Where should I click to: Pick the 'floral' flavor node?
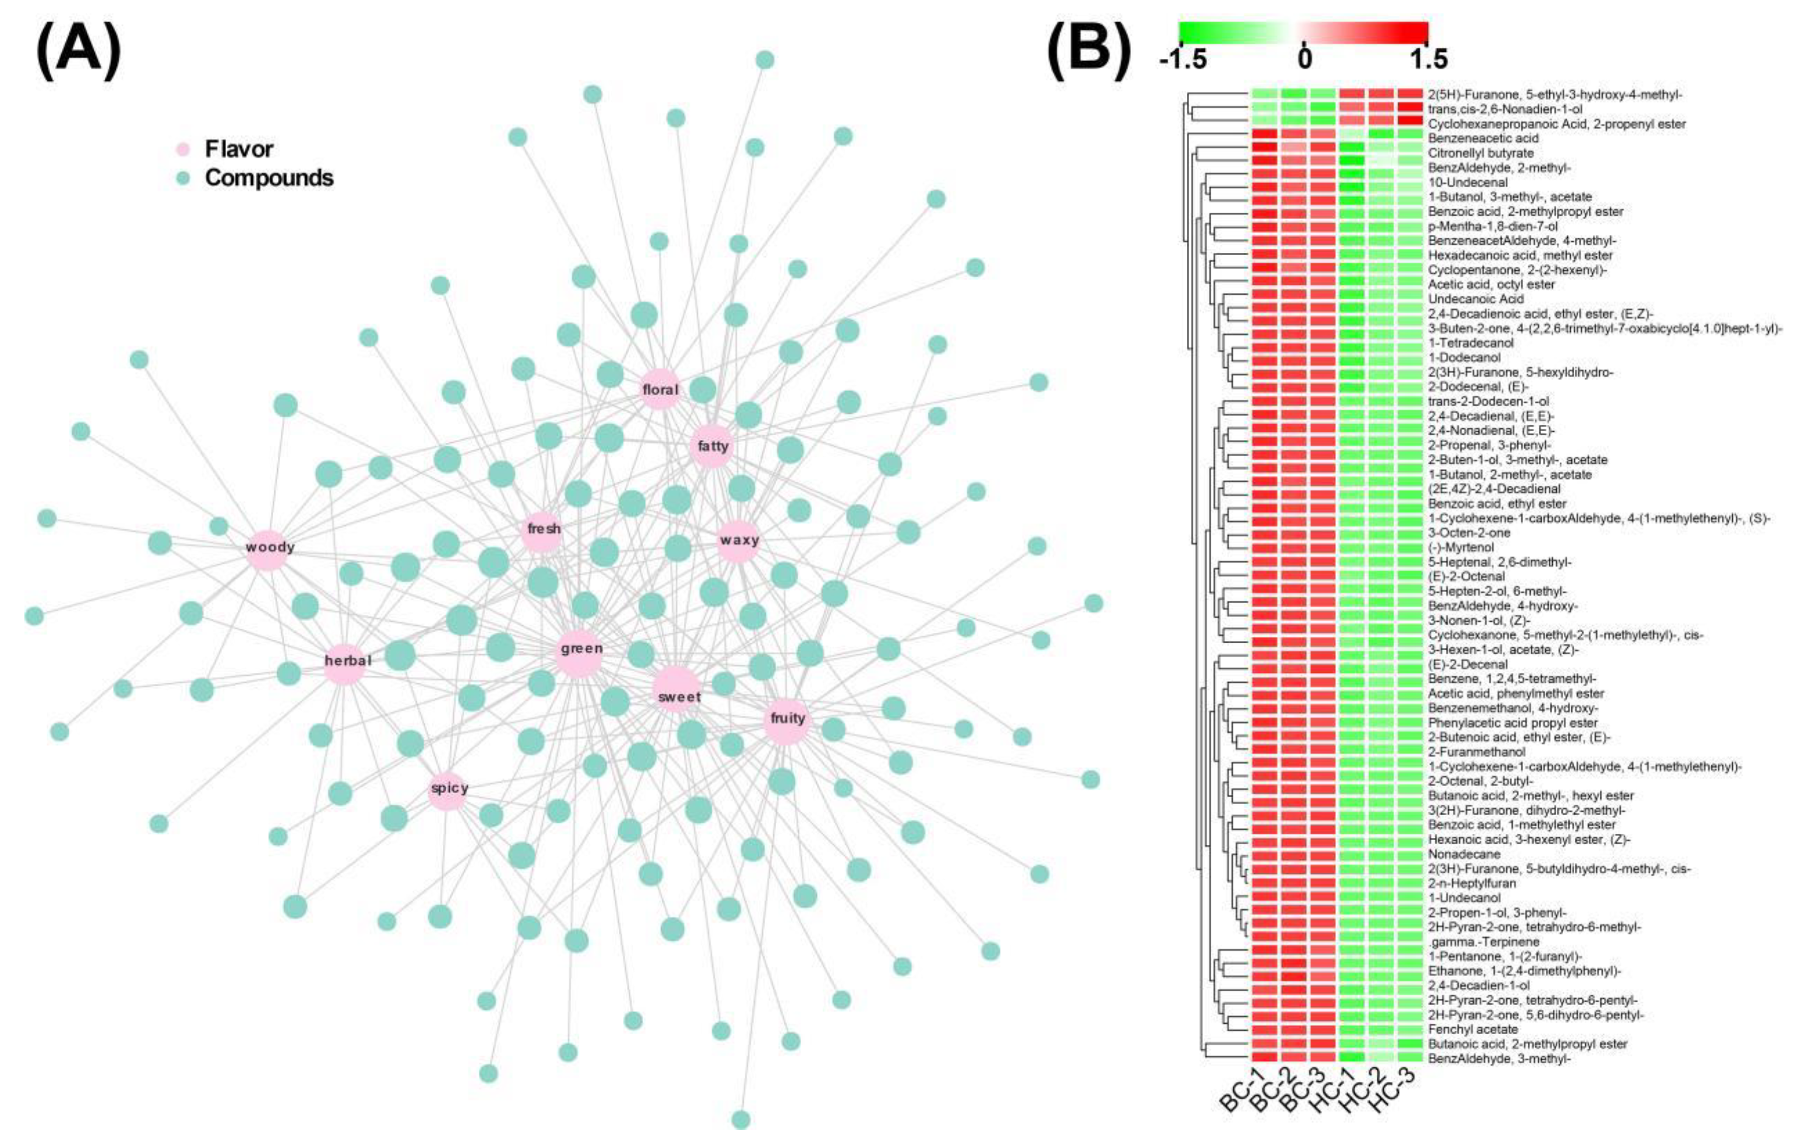[660, 389]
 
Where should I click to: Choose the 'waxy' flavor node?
[738, 540]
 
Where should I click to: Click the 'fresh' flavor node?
[543, 530]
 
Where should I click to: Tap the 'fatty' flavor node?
[713, 447]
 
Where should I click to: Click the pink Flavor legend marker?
[184, 149]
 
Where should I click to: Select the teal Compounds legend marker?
[184, 178]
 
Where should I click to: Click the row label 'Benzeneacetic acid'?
[1473, 138]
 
